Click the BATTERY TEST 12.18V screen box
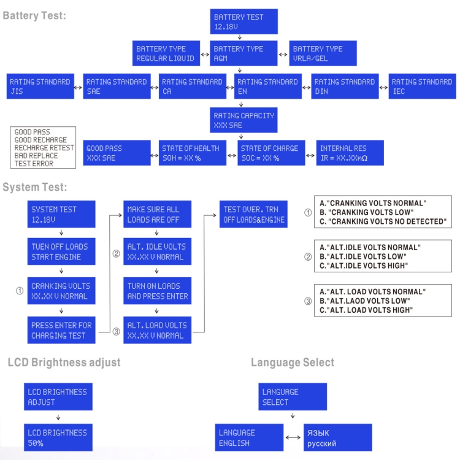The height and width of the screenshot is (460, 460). click(244, 22)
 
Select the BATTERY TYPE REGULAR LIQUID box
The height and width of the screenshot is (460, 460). click(167, 53)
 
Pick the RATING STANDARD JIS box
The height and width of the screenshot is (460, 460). click(40, 86)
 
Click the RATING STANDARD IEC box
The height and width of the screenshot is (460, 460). click(422, 86)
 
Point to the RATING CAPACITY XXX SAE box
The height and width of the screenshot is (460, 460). click(244, 120)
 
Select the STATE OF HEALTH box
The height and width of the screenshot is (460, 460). click(192, 153)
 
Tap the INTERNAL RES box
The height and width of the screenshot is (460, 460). click(351, 153)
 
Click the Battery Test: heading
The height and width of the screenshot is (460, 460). click(35, 15)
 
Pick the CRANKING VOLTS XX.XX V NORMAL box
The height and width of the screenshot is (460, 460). click(61, 291)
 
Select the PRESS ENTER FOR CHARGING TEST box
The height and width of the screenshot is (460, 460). click(61, 331)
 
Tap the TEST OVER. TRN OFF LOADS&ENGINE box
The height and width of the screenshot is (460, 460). click(253, 214)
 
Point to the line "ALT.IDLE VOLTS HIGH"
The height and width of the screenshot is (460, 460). click(364, 266)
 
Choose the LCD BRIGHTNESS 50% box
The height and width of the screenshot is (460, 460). click(58, 437)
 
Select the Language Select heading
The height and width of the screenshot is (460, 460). click(293, 362)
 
